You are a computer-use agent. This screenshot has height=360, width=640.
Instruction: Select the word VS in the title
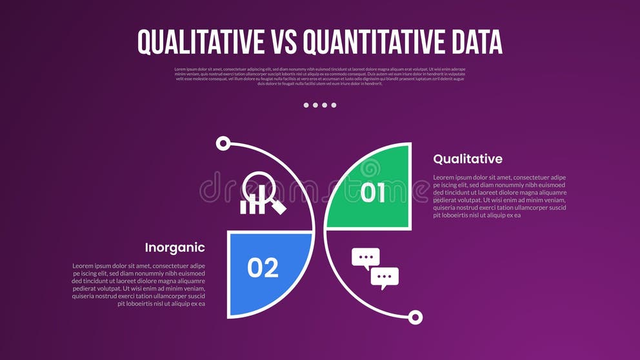tap(282, 42)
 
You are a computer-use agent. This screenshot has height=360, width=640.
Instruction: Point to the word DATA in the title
tap(472, 42)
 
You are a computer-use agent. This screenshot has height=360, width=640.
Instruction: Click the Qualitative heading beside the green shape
tap(467, 159)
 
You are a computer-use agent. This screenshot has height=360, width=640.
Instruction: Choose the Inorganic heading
tap(175, 247)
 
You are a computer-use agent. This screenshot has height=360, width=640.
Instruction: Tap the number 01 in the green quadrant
tap(373, 192)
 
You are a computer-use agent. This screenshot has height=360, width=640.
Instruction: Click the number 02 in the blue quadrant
tap(263, 267)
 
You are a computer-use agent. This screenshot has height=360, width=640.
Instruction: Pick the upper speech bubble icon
tap(365, 257)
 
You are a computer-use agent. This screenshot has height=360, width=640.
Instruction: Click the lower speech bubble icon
tap(385, 277)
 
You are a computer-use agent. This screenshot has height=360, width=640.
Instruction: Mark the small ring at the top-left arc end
tap(223, 143)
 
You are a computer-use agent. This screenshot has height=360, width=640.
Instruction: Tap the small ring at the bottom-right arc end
tap(415, 317)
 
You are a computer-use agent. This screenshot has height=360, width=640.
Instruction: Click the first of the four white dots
tap(306, 105)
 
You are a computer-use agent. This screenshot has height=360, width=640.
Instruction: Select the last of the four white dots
tap(334, 105)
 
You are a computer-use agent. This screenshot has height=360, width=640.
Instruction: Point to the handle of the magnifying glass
tap(279, 206)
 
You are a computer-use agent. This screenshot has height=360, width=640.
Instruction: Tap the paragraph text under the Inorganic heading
tap(139, 285)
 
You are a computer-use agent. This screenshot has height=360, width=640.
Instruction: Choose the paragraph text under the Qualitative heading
tap(499, 196)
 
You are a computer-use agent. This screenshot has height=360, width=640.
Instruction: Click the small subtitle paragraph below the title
tap(320, 76)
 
